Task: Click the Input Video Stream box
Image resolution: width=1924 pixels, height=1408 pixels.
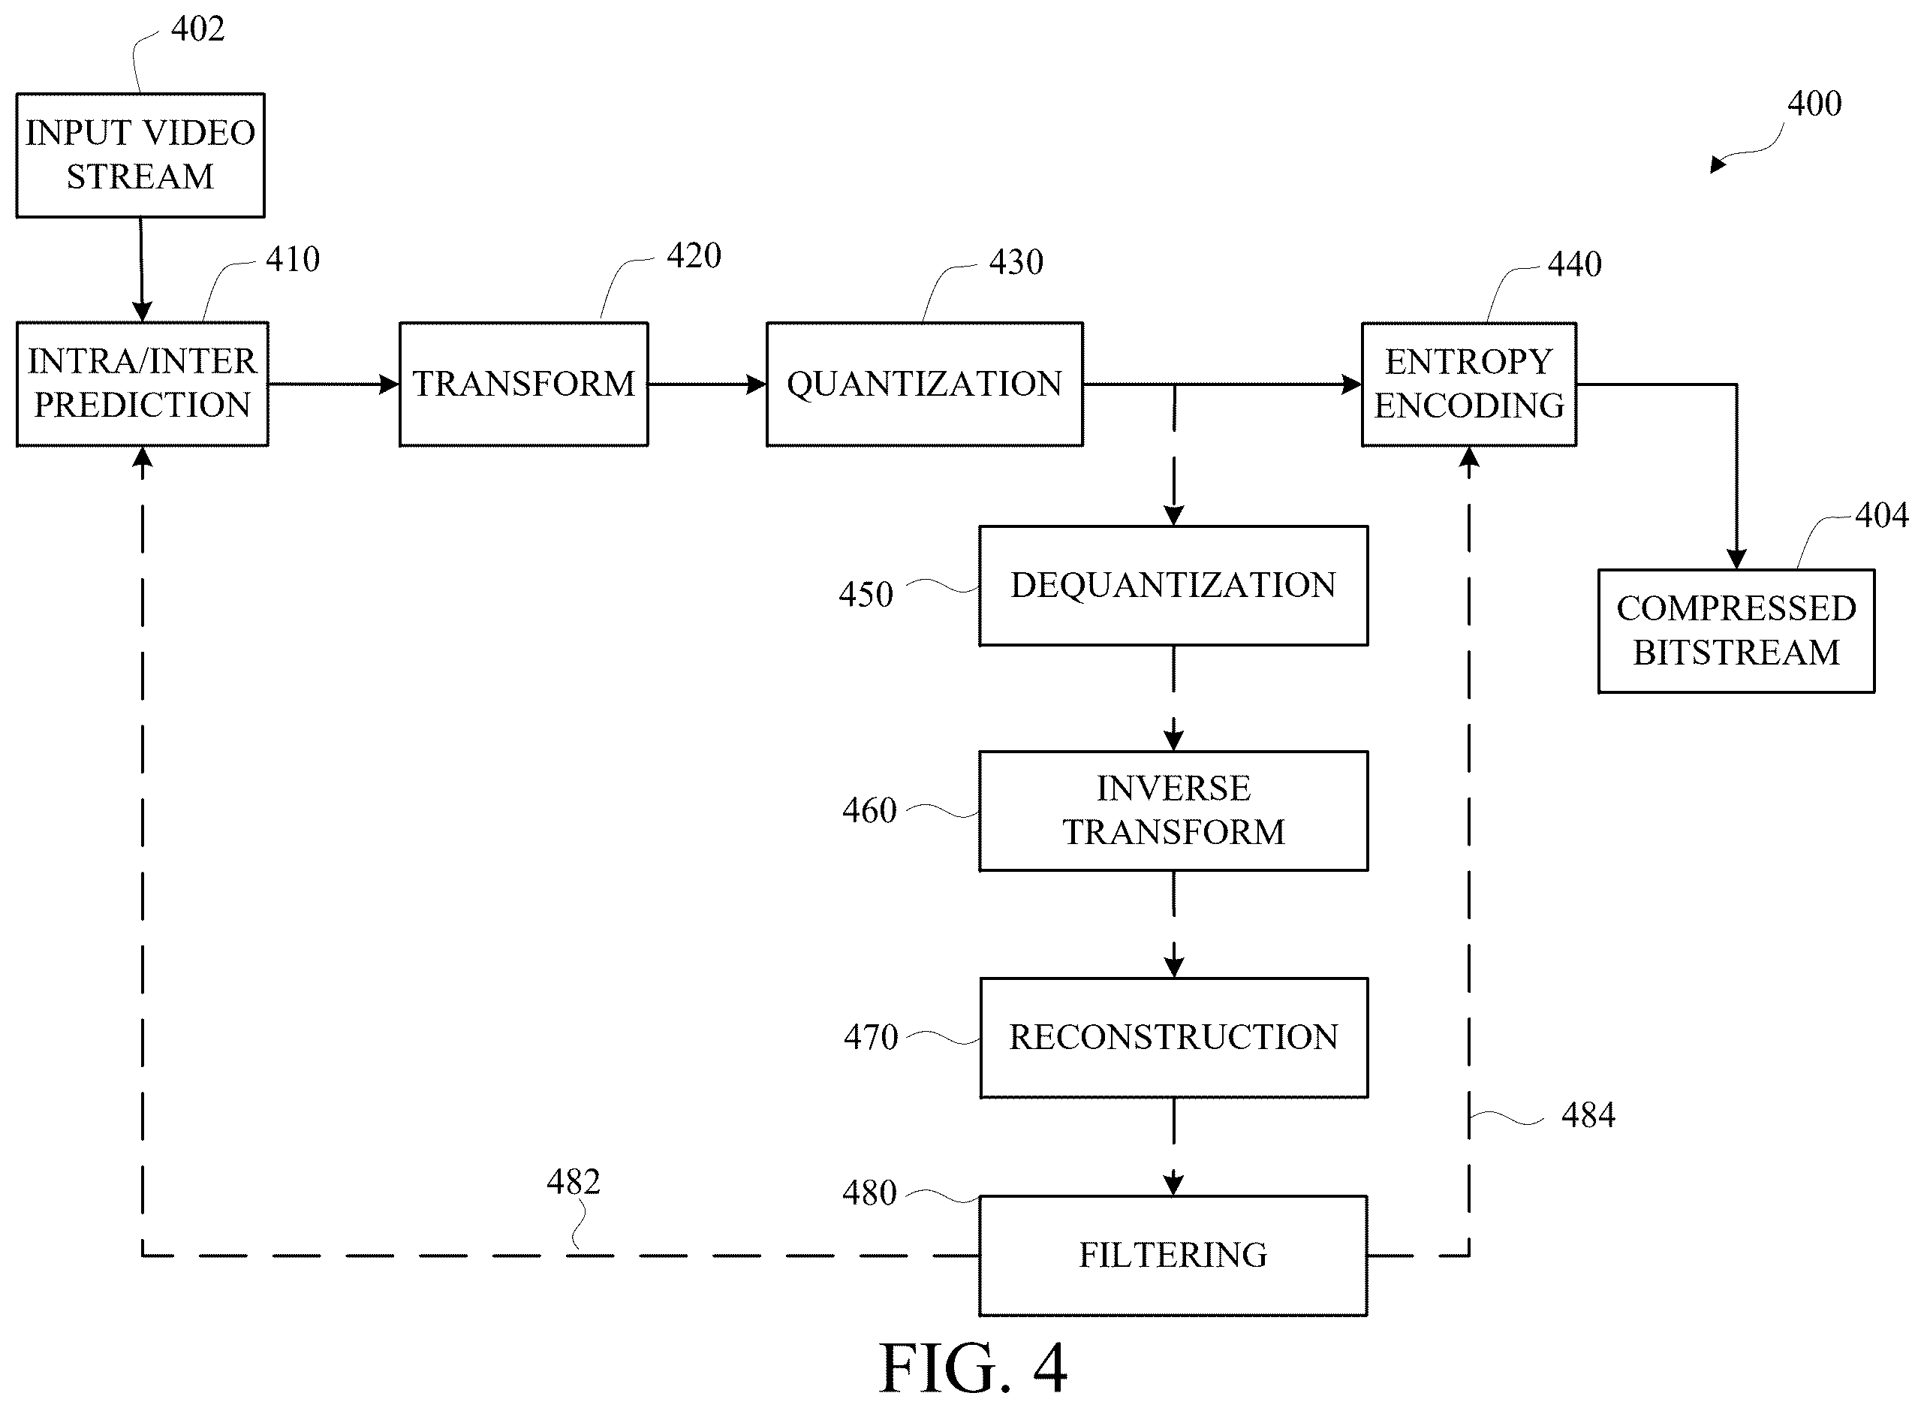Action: click(x=140, y=155)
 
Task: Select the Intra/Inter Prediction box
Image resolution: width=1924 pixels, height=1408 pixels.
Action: click(x=143, y=384)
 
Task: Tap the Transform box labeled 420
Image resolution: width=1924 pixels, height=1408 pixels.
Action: click(x=523, y=384)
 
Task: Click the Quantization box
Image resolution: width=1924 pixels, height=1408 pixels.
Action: click(x=925, y=384)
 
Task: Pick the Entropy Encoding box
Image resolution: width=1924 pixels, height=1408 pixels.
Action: click(x=1469, y=384)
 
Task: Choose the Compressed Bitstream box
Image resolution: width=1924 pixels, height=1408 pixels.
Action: click(x=1736, y=631)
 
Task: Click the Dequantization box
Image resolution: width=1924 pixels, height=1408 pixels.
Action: click(x=1173, y=586)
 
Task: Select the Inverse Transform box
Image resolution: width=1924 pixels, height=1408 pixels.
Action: click(x=1173, y=810)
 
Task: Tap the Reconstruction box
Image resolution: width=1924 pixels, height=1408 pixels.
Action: click(x=1173, y=1037)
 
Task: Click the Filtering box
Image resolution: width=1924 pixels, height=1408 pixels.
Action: click(x=1173, y=1256)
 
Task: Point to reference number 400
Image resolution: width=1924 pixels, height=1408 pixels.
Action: click(x=1814, y=104)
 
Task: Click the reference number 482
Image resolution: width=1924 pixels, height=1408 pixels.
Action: click(x=574, y=1182)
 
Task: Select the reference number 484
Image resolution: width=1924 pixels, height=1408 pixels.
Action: click(x=1588, y=1116)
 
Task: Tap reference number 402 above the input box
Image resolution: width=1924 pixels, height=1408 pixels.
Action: click(x=197, y=29)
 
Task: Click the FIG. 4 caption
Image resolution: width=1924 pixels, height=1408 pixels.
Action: click(x=973, y=1368)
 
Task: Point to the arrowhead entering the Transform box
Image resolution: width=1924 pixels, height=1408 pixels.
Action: click(x=390, y=384)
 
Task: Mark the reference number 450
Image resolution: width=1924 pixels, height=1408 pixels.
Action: click(x=866, y=595)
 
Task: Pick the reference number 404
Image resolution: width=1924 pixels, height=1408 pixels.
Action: click(x=1882, y=516)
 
